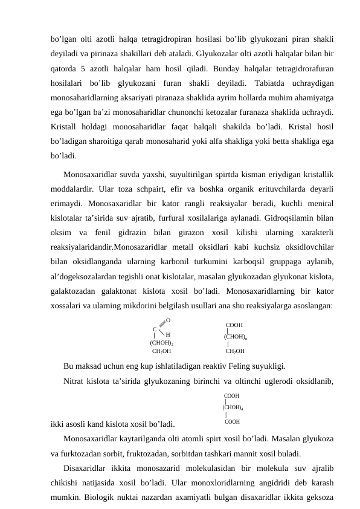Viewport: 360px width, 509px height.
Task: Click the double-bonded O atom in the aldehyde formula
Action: click(168, 320)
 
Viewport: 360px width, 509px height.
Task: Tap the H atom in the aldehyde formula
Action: click(167, 334)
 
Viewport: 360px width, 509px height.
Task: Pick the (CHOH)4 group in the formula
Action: click(233, 407)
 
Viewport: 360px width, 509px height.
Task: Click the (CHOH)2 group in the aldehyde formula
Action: click(162, 342)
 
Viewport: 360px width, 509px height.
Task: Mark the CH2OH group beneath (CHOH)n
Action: click(235, 351)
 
